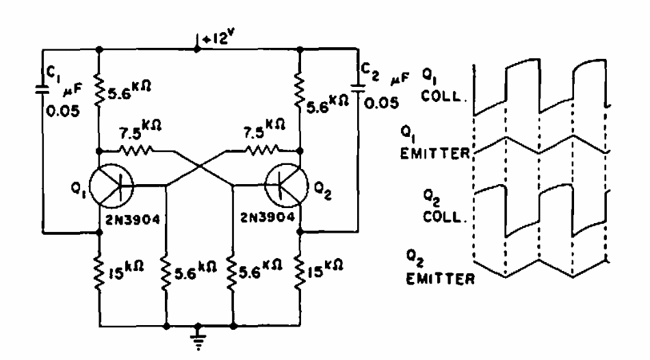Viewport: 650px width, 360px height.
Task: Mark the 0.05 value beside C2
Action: pyautogui.click(x=383, y=107)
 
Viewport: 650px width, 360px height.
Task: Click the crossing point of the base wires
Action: pyautogui.click(x=200, y=166)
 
